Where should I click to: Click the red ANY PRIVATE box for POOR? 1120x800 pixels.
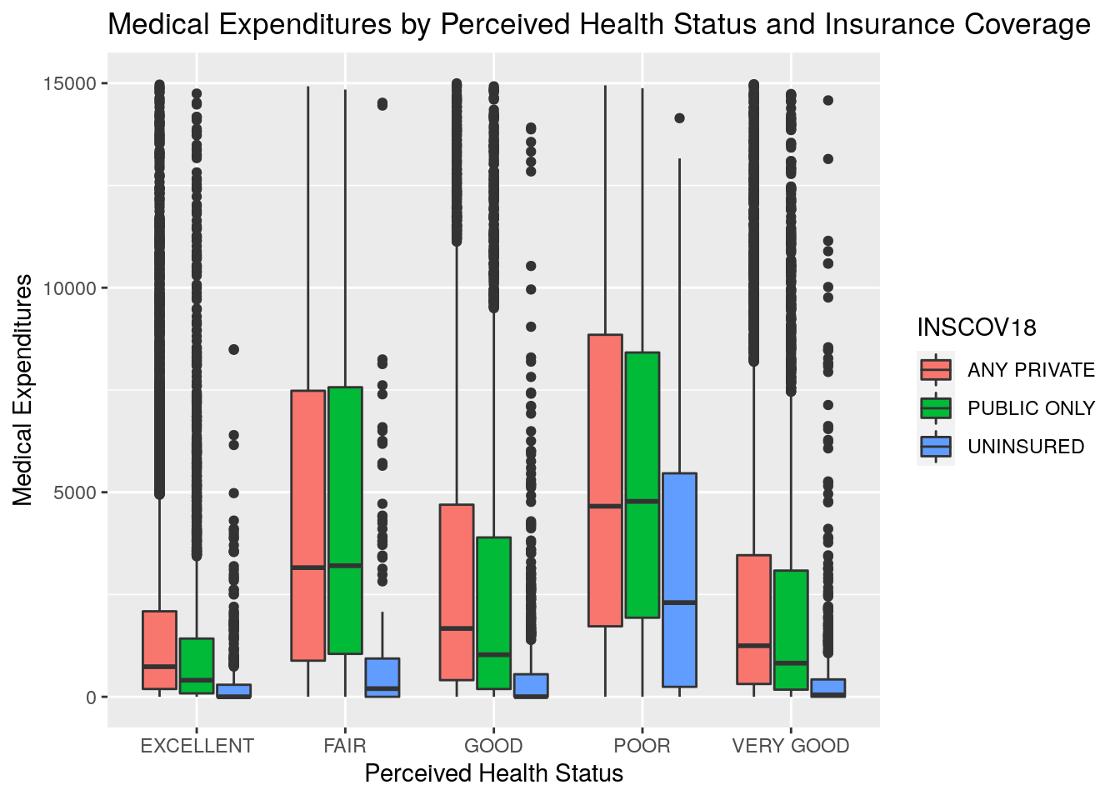point(605,480)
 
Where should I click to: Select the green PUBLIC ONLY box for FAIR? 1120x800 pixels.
point(345,520)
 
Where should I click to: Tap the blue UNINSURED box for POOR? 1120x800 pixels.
point(679,580)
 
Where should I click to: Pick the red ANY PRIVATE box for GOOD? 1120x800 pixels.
point(457,592)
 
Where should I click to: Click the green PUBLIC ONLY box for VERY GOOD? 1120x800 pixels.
point(791,630)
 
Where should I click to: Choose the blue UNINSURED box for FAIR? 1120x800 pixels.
point(382,677)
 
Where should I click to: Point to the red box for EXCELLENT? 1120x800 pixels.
point(159,650)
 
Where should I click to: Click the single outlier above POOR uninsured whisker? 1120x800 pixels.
point(679,118)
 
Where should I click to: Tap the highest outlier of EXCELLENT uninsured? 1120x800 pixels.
point(234,349)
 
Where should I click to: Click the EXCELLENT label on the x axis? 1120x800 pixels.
point(197,746)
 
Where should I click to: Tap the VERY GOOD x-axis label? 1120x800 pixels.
point(791,746)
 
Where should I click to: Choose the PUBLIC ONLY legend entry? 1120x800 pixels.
point(1031,408)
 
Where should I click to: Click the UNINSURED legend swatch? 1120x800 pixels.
point(936,447)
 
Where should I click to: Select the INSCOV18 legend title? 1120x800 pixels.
point(977,328)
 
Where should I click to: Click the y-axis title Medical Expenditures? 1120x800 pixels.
point(23,390)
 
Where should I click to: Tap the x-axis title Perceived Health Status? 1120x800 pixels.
point(493,774)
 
